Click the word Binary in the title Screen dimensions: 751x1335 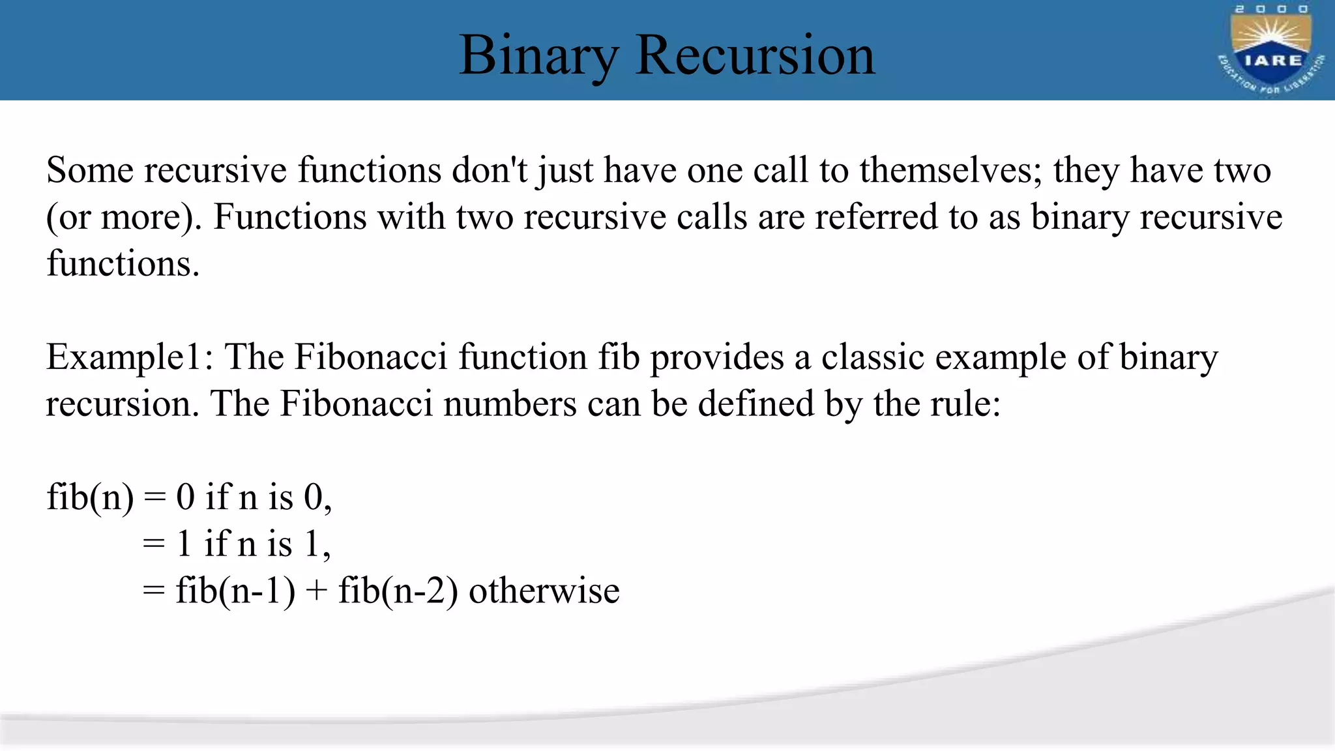tap(538, 56)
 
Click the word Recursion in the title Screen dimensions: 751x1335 tap(755, 56)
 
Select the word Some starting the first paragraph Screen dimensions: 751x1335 tap(90, 171)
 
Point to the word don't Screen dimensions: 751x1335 tap(490, 171)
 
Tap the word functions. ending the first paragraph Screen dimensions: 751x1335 tap(123, 264)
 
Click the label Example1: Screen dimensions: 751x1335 tap(130, 358)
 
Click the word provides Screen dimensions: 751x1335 tap(716, 358)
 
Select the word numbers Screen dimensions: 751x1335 tap(510, 404)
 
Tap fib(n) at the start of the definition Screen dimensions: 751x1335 tap(90, 498)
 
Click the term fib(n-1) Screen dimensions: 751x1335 tap(235, 591)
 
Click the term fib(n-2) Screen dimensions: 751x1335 tap(398, 591)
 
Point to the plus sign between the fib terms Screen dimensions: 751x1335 tap(316, 592)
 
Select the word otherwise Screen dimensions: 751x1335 tap(544, 591)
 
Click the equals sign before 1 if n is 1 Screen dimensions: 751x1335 tap(154, 544)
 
